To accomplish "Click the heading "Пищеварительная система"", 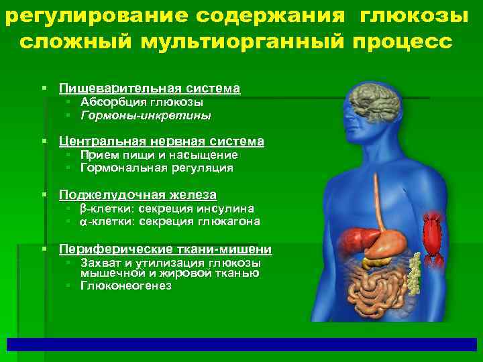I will click(149, 88).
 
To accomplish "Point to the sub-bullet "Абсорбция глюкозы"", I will click(142, 103).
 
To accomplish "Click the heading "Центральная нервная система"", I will click(161, 141).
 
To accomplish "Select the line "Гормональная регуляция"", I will click(156, 168).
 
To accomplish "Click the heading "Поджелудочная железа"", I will click(138, 195).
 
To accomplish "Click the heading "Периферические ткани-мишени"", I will click(165, 249).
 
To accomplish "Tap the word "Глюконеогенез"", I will click(125, 286).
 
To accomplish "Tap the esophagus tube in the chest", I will click(378, 194).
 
